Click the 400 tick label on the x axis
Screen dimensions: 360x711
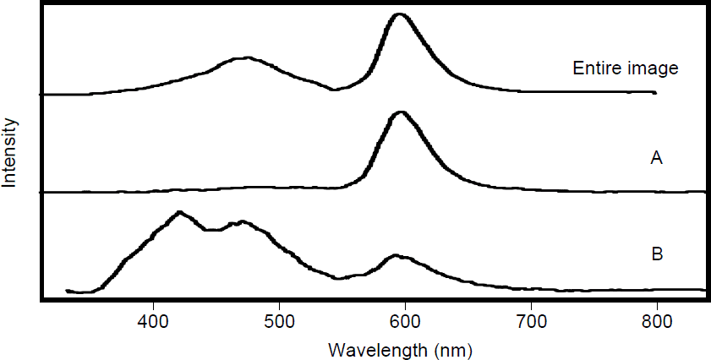click(153, 320)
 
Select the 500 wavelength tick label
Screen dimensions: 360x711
click(279, 320)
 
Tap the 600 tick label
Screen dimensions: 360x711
click(405, 320)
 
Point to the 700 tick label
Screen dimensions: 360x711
click(531, 320)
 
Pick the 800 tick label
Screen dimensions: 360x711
click(657, 320)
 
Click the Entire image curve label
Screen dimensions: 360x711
click(615, 68)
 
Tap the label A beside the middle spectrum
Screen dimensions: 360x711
click(655, 156)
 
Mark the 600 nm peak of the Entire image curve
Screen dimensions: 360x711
click(400, 15)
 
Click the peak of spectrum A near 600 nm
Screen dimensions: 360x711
click(402, 112)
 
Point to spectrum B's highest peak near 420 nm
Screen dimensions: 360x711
click(179, 212)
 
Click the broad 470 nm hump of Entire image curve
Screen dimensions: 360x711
click(244, 58)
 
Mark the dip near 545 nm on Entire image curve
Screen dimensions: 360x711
click(333, 89)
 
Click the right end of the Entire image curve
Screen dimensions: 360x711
click(655, 92)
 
